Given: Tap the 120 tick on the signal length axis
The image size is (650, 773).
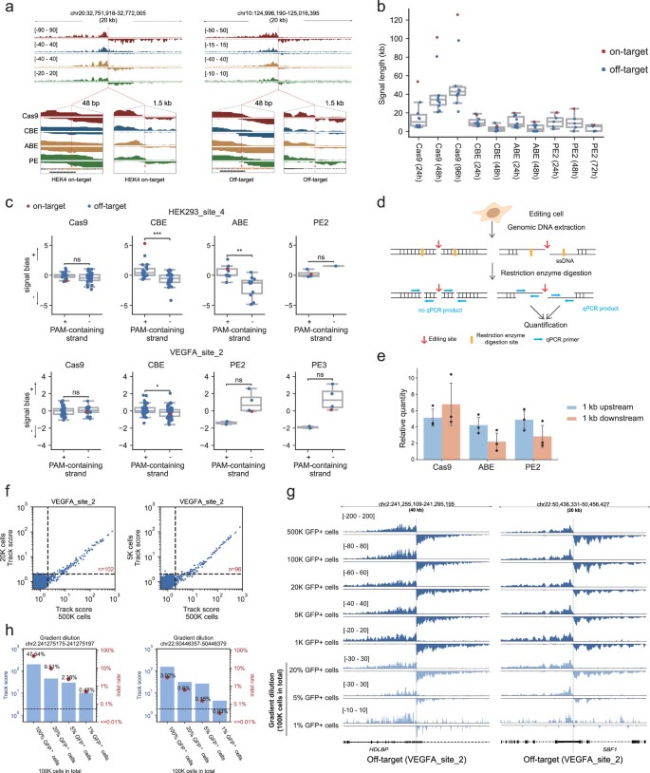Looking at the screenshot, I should [x=380, y=25].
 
